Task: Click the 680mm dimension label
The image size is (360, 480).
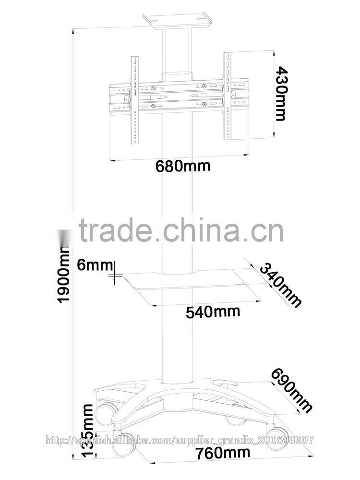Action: (x=183, y=166)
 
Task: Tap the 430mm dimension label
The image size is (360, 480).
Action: (x=281, y=94)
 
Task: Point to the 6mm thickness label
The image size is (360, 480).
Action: (x=95, y=264)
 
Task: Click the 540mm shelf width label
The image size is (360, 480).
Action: (x=213, y=312)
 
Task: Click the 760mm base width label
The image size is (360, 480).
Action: (x=223, y=453)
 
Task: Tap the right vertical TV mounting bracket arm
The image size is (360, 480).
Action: (x=227, y=96)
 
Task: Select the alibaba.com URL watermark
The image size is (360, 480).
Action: (x=180, y=440)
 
